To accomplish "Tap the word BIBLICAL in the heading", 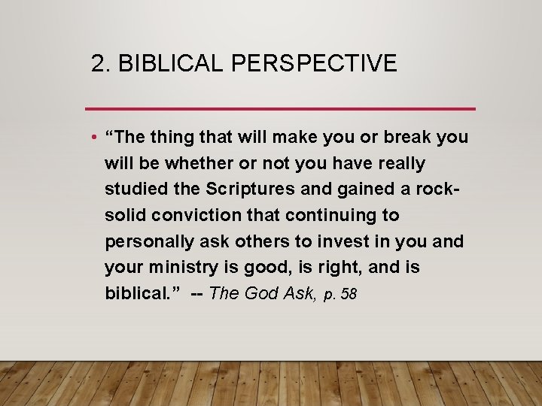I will [x=172, y=63].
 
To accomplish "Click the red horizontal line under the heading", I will [x=280, y=109].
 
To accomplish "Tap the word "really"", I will [x=399, y=163].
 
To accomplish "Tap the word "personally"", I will [x=147, y=241].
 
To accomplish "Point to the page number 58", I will [x=349, y=294].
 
